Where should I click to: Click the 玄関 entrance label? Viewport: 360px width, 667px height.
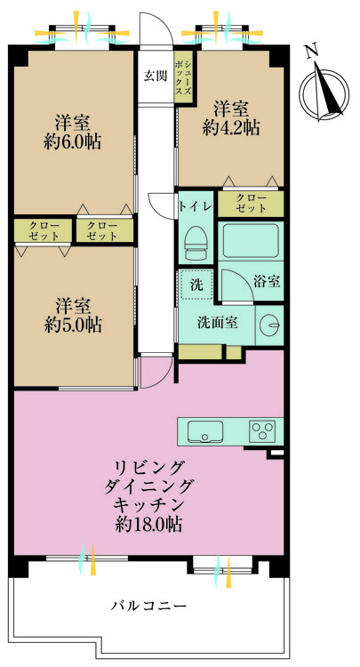click(155, 75)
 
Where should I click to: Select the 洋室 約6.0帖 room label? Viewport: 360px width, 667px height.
click(74, 132)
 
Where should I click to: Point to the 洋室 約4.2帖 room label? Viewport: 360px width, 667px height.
click(230, 117)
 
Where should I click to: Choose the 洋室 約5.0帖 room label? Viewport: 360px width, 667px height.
click(74, 314)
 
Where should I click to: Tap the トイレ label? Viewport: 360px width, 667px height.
click(195, 206)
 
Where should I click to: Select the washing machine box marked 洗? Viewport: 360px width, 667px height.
click(196, 285)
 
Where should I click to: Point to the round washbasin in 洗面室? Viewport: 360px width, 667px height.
click(268, 325)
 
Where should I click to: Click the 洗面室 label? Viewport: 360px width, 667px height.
click(216, 323)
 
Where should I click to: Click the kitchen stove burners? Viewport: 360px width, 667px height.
click(263, 431)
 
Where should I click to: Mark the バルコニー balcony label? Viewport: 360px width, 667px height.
click(148, 605)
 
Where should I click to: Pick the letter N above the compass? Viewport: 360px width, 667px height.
click(311, 52)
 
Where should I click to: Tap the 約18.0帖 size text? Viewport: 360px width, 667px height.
click(148, 524)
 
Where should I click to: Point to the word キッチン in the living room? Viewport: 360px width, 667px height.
click(148, 504)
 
